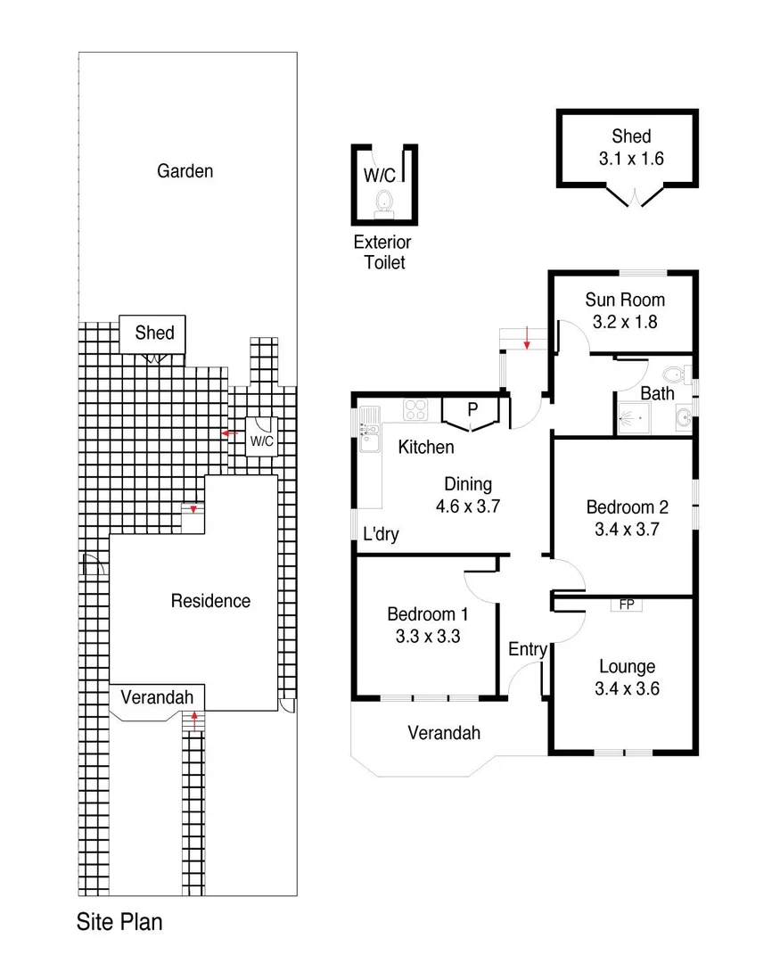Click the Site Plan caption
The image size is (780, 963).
pos(119,921)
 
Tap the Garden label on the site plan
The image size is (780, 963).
pos(185,170)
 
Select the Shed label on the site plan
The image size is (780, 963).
pos(154,333)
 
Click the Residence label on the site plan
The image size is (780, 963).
pos(210,601)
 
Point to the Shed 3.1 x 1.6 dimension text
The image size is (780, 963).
pos(631,160)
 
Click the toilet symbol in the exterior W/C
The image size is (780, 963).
pos(385,200)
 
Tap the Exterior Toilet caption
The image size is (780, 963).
pos(382,252)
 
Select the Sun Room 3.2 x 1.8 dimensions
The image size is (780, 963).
pos(624,322)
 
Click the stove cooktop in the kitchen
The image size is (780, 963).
pos(416,410)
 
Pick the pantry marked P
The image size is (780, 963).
pos(472,411)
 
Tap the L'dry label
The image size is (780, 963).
pos(381,535)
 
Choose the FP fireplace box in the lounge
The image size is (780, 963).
pos(627,605)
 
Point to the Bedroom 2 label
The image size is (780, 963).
pos(627,506)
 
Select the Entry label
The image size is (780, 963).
pos(527,649)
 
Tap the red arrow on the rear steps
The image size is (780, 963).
pos(528,339)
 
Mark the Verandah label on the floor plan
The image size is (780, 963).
pos(444,733)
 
